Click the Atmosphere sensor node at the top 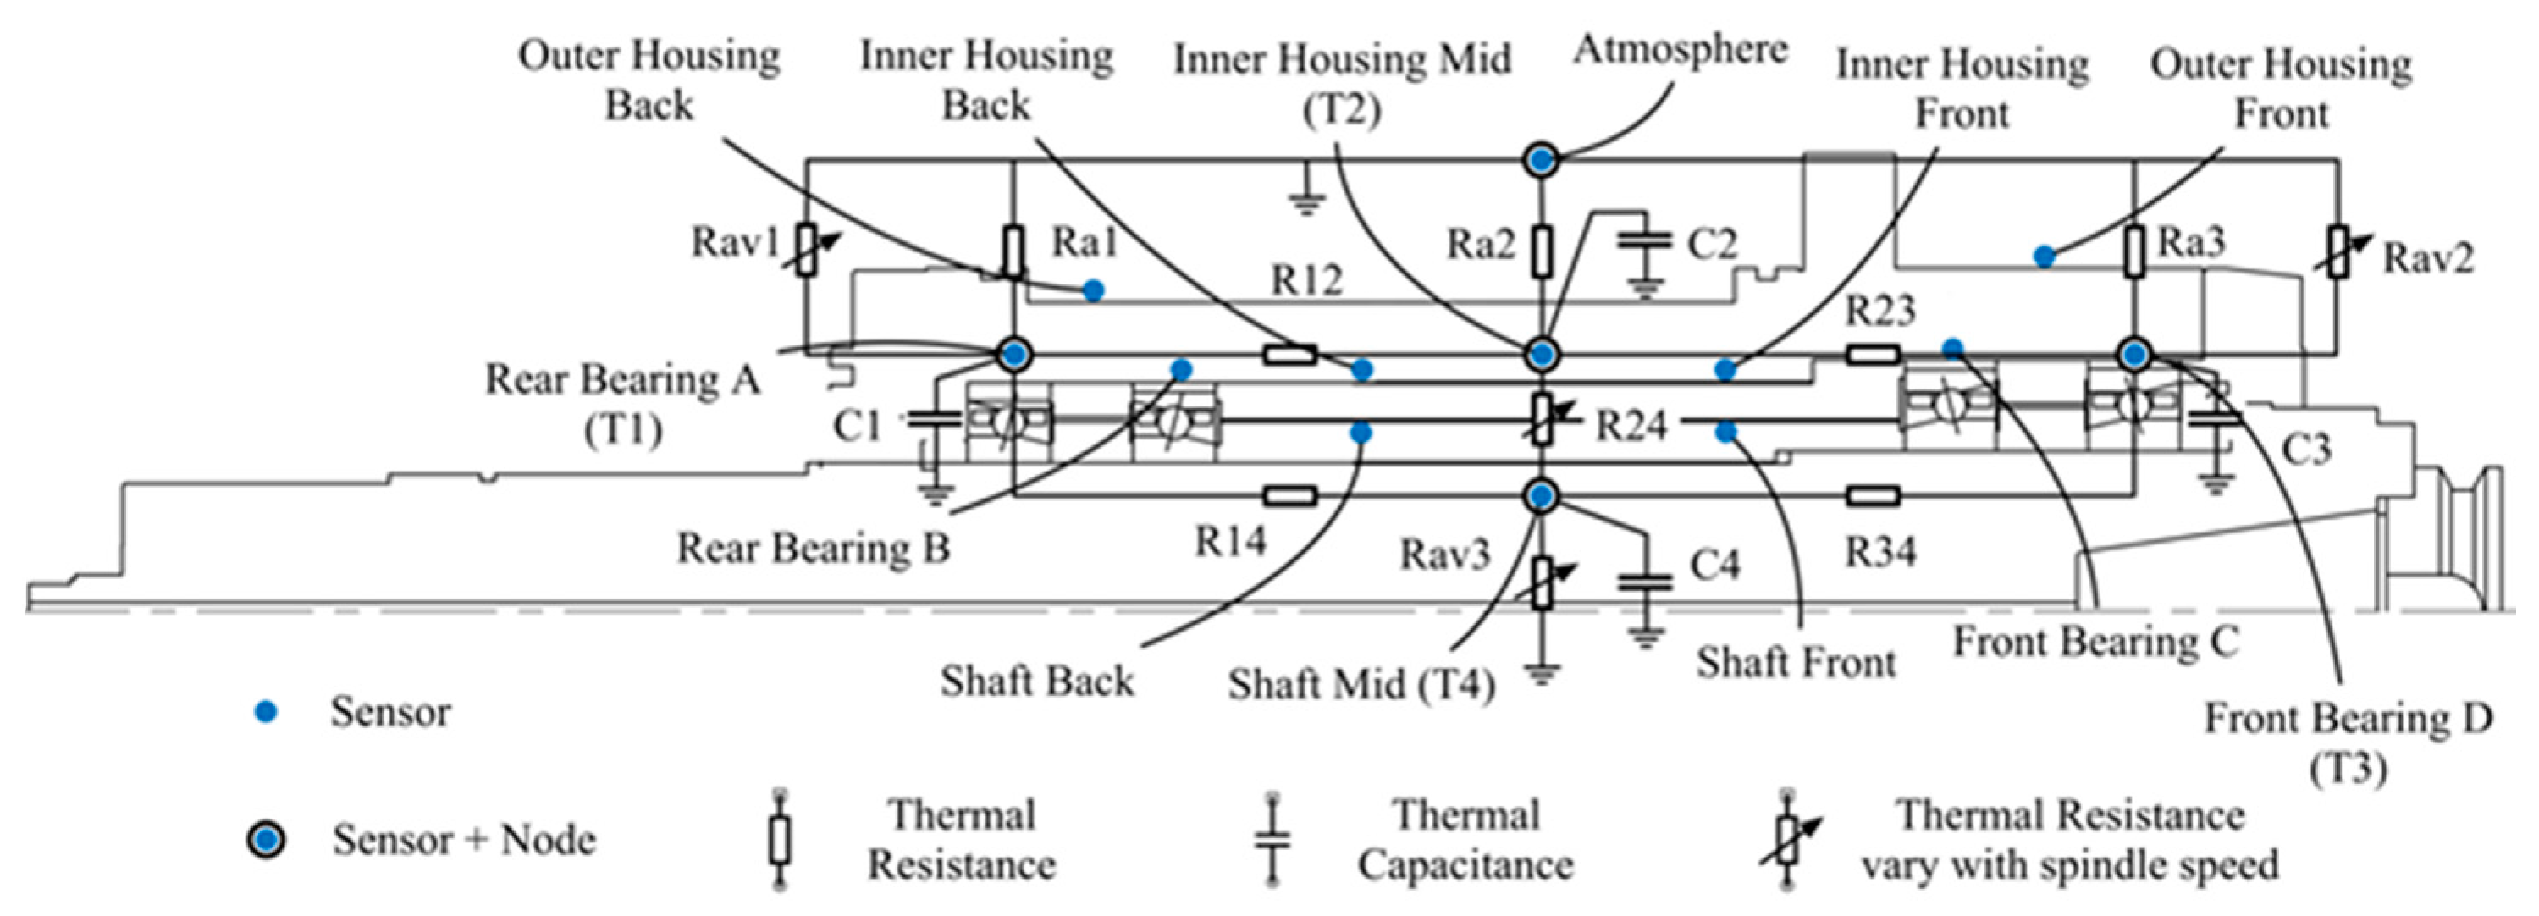[1542, 159]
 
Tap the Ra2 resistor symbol [1543, 251]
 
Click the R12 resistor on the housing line [1290, 354]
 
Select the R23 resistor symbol [1873, 354]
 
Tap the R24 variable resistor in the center [1543, 419]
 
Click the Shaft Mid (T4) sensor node [1543, 495]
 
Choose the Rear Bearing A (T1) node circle [1014, 353]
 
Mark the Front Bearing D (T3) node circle [2135, 354]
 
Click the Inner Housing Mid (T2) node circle [1543, 354]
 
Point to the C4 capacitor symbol [1644, 582]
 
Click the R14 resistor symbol [1290, 496]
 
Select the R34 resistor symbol [1873, 496]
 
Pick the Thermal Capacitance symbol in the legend [1272, 840]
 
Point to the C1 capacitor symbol [932, 419]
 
